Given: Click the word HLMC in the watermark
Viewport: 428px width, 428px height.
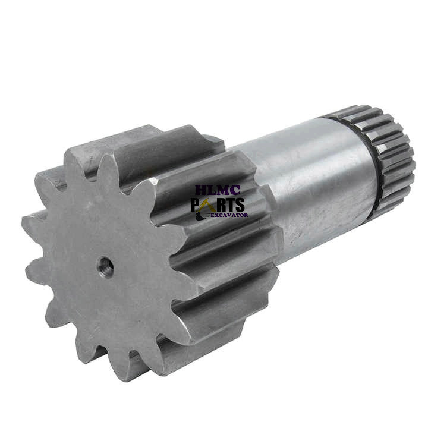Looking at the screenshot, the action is click(x=218, y=190).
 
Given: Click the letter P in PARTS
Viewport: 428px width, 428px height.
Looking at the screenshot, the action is click(x=196, y=204).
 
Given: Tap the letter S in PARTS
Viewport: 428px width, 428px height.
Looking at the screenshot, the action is click(x=240, y=204).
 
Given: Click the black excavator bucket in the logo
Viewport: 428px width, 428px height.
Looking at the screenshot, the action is click(x=200, y=217).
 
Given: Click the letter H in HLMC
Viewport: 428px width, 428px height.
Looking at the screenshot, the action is click(x=201, y=190).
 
